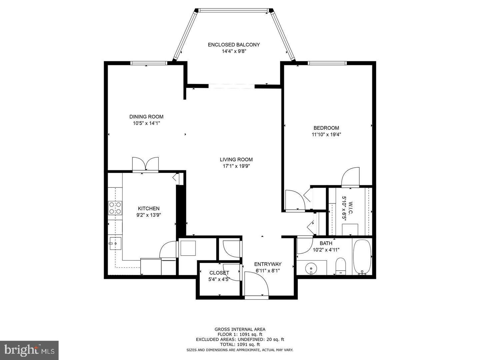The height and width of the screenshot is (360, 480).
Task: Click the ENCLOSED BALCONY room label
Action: [234, 45]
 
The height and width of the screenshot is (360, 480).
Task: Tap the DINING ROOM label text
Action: [146, 117]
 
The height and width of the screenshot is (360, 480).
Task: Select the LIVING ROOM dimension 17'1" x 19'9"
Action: [236, 166]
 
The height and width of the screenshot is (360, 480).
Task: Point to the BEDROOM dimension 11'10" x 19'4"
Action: [326, 134]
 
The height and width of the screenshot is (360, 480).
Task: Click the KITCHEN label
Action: [149, 209]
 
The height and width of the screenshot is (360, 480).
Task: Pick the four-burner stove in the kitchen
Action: [115, 208]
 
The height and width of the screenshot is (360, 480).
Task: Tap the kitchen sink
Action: [115, 243]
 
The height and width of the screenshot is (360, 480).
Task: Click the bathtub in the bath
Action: [362, 257]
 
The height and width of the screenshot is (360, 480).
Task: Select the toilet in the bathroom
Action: [340, 266]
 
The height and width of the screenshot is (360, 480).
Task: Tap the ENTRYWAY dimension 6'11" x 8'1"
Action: [268, 271]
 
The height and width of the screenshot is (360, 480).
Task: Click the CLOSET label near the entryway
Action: [219, 273]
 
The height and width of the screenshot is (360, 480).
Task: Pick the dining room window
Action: [149, 63]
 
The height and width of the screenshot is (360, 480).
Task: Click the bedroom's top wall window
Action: [327, 63]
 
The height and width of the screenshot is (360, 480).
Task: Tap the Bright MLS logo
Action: [29, 350]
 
